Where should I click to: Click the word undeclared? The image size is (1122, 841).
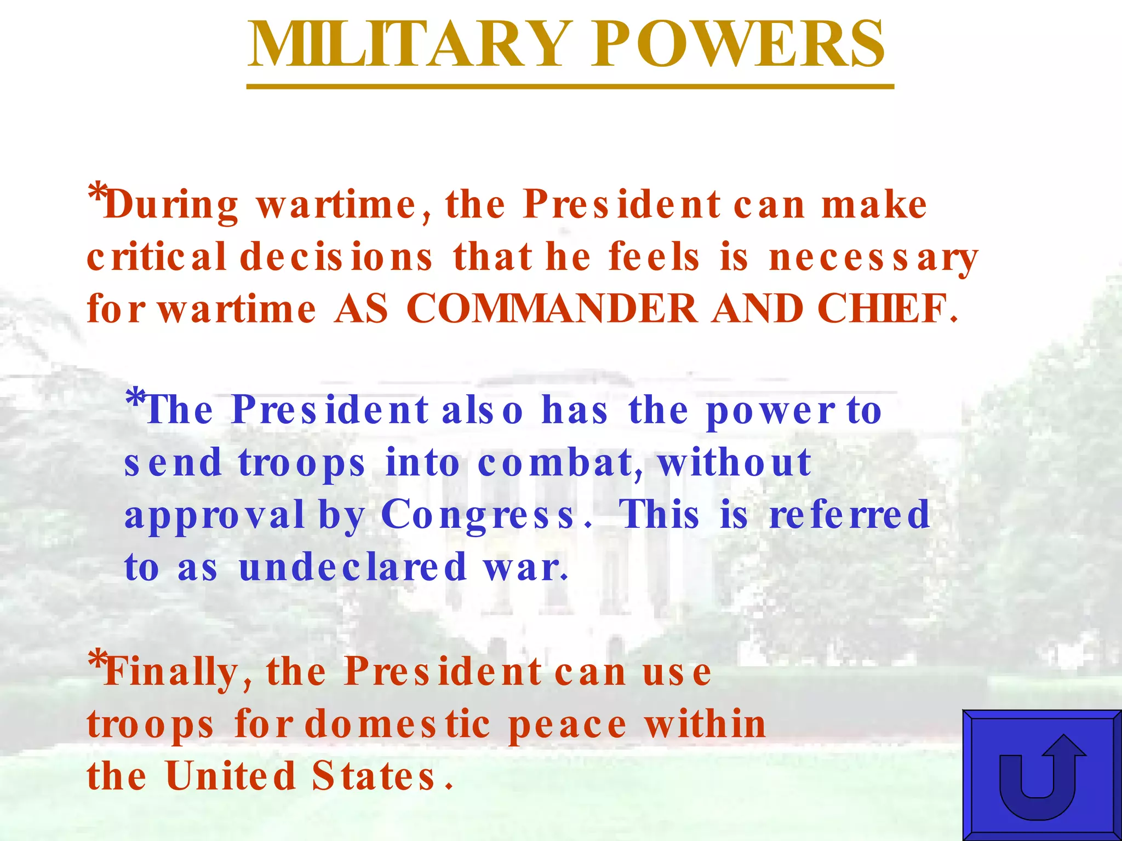(x=353, y=567)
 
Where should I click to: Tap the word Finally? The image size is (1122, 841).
(x=170, y=672)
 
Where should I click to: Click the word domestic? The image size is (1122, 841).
(x=397, y=724)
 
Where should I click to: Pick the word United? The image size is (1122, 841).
(x=231, y=776)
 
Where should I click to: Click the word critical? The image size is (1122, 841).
(x=157, y=256)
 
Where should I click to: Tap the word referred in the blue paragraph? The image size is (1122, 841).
(x=850, y=515)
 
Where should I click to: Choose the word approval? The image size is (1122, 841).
(x=214, y=516)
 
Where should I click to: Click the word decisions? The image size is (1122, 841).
(x=336, y=256)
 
